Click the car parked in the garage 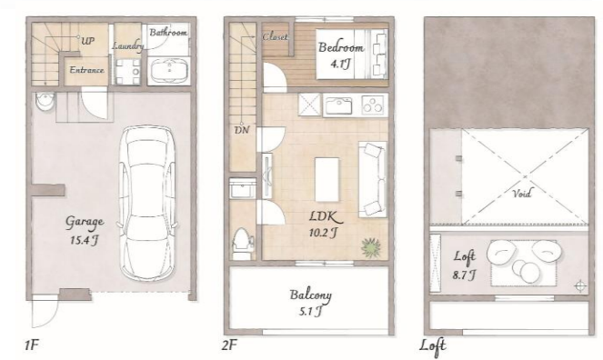point(148,203)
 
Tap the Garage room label point(85,222)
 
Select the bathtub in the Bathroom point(169,71)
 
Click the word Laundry point(128,46)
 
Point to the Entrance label point(86,70)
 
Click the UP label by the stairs point(88,40)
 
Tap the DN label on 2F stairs point(242,130)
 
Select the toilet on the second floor point(243,244)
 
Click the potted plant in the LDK point(371,247)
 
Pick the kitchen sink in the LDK point(338,105)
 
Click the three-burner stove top point(372,105)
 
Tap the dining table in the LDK point(327,179)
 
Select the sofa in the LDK point(372,179)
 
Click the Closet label point(275,37)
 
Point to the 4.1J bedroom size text point(341,65)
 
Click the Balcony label point(311,295)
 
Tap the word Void point(522,194)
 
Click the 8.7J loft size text point(464,275)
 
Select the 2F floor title point(229,345)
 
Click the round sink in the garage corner point(45,102)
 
